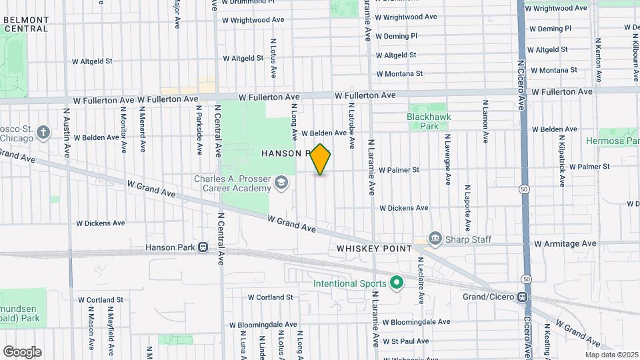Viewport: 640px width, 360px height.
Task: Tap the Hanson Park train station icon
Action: (x=202, y=247)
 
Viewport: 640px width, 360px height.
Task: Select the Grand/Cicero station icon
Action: (x=523, y=297)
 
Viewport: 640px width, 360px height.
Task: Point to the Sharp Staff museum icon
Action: (x=435, y=237)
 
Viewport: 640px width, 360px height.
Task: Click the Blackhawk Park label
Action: (x=429, y=121)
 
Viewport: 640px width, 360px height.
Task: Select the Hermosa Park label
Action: (x=613, y=141)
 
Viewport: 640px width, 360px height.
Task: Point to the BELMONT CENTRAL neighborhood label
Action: (x=25, y=25)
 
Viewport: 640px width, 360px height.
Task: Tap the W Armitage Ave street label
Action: (x=565, y=244)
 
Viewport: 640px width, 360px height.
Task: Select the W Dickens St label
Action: (x=403, y=208)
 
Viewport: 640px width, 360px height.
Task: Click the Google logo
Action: (x=22, y=352)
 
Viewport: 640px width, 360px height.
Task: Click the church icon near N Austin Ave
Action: (x=44, y=131)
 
